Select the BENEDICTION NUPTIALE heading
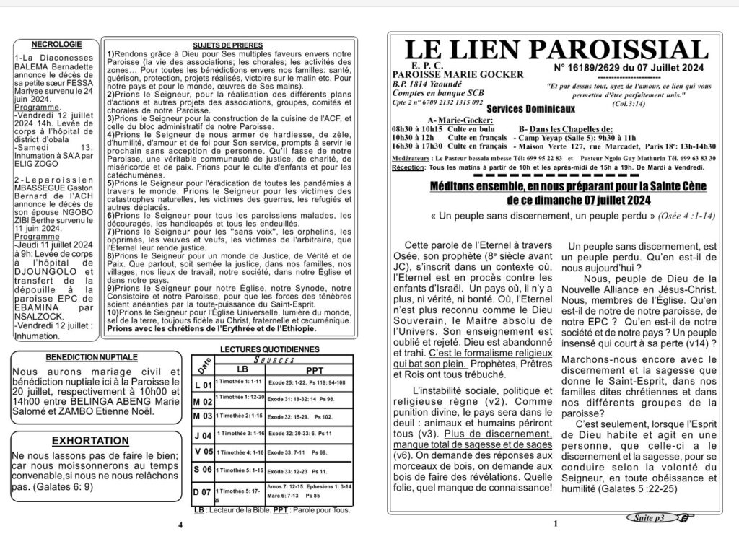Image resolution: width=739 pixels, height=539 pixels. (91, 357)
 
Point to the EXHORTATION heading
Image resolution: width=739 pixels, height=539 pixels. (91, 440)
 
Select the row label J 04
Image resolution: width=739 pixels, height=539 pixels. (204, 436)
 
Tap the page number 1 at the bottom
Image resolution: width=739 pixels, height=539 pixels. (556, 525)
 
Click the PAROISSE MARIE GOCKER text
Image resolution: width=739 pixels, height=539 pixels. (437, 74)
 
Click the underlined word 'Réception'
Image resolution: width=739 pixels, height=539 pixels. (409, 167)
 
